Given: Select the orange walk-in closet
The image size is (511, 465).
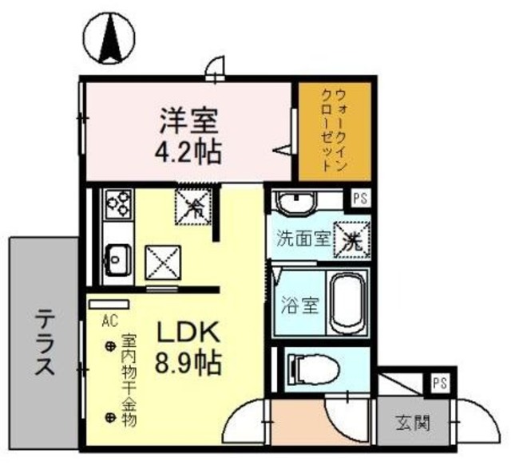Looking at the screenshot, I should tap(334, 132).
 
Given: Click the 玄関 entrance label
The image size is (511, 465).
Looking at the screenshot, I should tap(414, 421).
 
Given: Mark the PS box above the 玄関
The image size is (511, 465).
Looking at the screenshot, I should tap(438, 383).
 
